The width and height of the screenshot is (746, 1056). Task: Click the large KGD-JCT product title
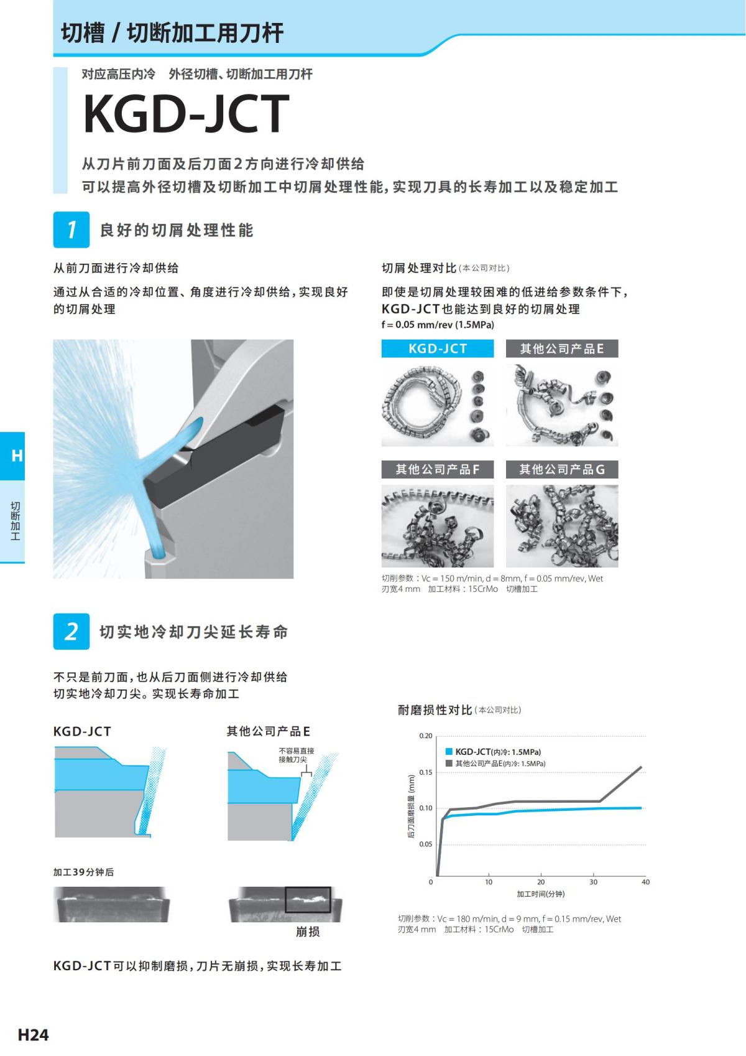tap(186, 114)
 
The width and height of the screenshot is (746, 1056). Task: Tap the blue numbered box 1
tap(71, 230)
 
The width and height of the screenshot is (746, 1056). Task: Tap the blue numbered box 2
tap(71, 632)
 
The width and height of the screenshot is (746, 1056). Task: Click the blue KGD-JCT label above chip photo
tap(437, 348)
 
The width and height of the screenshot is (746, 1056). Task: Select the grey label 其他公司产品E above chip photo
tap(561, 348)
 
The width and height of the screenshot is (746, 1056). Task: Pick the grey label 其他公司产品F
tap(437, 469)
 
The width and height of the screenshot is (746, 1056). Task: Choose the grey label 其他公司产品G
tap(561, 469)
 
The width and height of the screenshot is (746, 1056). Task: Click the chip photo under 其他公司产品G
tap(561, 526)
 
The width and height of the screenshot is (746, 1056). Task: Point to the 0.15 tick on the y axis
tap(425, 772)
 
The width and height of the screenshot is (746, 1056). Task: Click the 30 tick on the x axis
tap(593, 882)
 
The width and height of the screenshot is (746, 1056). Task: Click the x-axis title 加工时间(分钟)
tap(540, 894)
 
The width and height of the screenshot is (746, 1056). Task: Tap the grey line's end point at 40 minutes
tap(641, 767)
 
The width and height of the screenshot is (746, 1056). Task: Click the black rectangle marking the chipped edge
tap(308, 899)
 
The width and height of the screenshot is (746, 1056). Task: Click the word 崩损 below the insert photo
tap(308, 932)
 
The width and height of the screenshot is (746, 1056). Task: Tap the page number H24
tap(33, 1035)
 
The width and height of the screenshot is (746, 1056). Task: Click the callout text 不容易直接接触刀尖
tap(296, 755)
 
